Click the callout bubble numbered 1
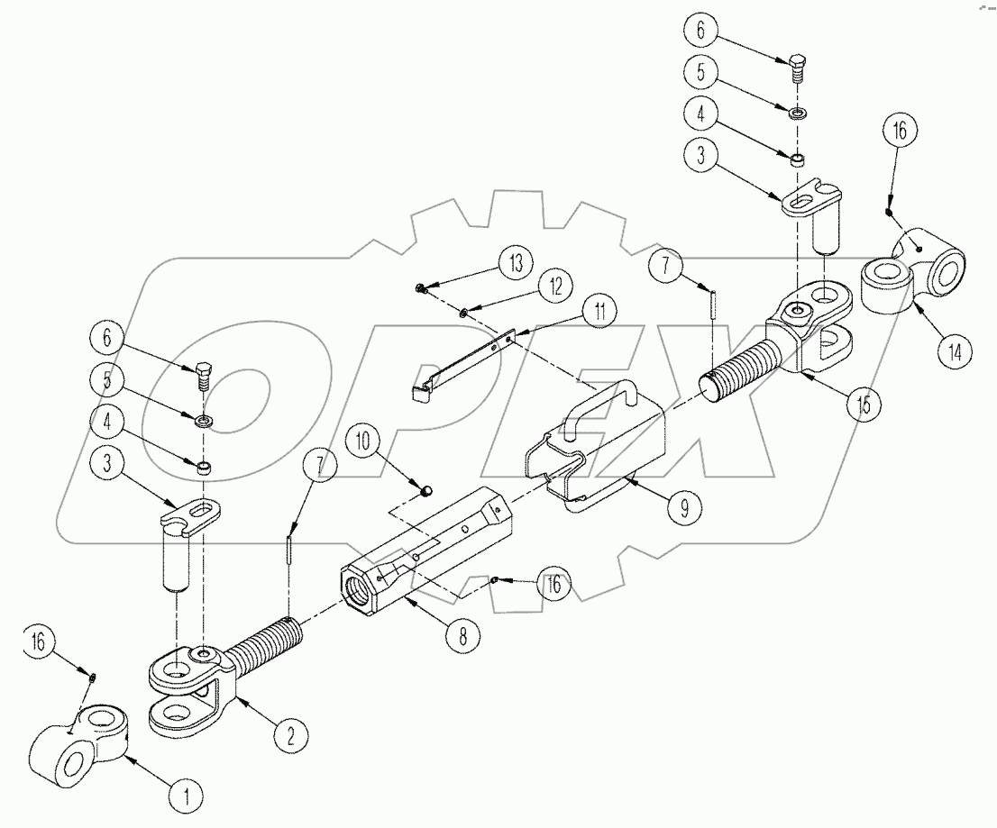click(188, 796)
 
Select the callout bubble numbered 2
click(289, 736)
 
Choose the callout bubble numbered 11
click(599, 312)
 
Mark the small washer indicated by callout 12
click(463, 313)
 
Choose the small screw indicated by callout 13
click(421, 287)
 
